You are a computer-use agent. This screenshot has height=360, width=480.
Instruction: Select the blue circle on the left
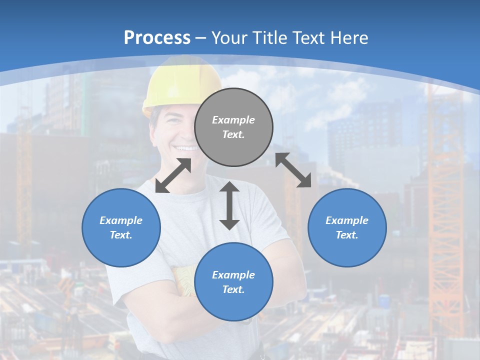(121, 227)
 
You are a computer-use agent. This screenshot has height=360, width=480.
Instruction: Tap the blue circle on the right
(347, 227)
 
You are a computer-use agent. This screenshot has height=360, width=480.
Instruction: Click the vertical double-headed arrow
(229, 205)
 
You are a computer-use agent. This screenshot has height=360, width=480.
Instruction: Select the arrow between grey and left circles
(173, 175)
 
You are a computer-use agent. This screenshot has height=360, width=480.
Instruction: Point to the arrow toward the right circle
(293, 170)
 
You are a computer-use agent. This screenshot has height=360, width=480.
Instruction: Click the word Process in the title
(157, 37)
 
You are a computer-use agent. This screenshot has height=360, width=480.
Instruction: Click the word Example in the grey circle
(233, 120)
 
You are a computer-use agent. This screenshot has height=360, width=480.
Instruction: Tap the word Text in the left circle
(121, 235)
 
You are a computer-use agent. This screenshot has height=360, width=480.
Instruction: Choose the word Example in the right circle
(347, 220)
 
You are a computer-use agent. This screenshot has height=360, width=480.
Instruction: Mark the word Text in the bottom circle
(233, 289)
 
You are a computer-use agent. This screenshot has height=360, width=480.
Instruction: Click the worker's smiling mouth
(186, 148)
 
